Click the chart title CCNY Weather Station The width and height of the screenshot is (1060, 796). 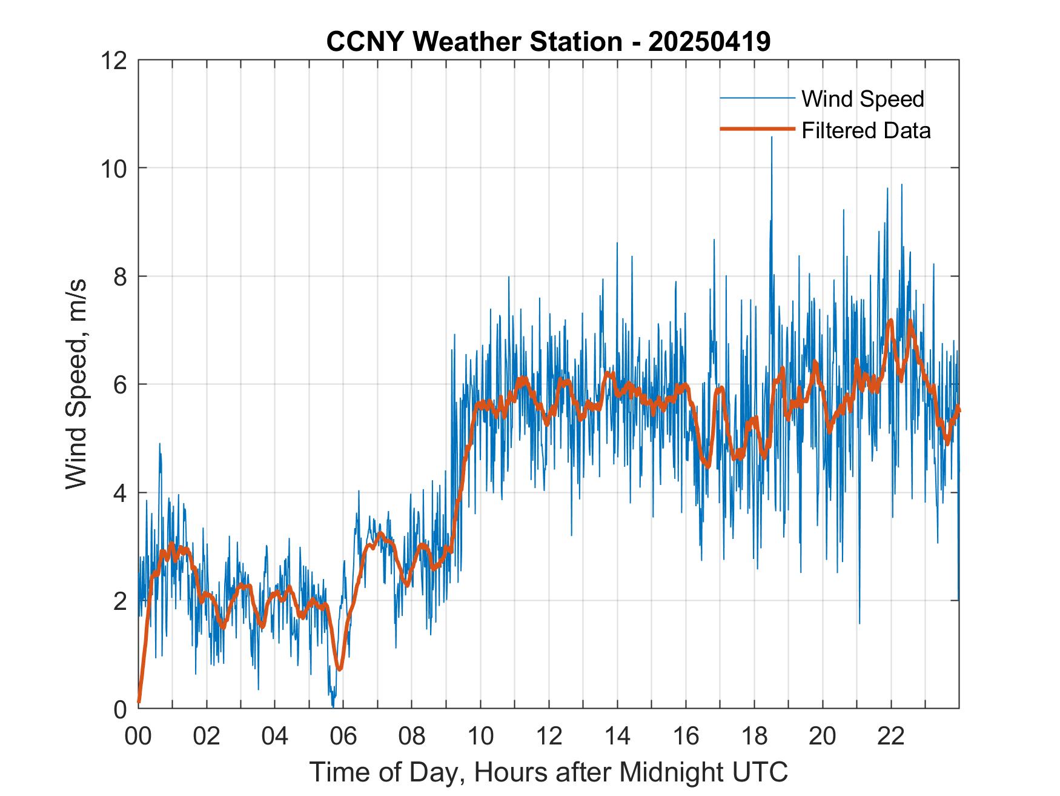pyautogui.click(x=474, y=42)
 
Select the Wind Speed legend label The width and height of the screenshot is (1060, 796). pyautogui.click(x=863, y=99)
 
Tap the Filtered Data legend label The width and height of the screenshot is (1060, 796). pyautogui.click(x=866, y=130)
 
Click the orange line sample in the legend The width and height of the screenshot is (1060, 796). pyautogui.click(x=757, y=129)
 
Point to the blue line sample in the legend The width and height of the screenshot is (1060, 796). pyautogui.click(x=757, y=98)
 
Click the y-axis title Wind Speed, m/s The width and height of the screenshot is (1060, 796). pyautogui.click(x=77, y=384)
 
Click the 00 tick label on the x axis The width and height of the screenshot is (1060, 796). pyautogui.click(x=138, y=736)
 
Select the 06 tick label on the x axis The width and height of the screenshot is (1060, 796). pyautogui.click(x=343, y=736)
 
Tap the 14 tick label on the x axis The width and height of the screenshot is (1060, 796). pyautogui.click(x=617, y=736)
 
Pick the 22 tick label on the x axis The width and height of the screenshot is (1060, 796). pyautogui.click(x=891, y=736)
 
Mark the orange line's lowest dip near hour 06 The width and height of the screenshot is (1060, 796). pyautogui.click(x=340, y=668)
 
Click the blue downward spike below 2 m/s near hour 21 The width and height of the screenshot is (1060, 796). pyautogui.click(x=859, y=621)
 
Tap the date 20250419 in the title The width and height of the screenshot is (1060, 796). pyautogui.click(x=709, y=42)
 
